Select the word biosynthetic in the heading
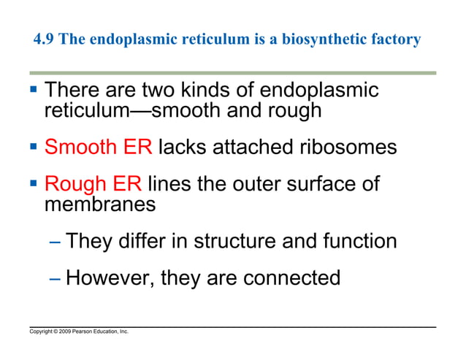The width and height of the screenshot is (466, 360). point(318,39)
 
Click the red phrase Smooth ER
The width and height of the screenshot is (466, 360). point(98,147)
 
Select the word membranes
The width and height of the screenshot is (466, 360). point(100,204)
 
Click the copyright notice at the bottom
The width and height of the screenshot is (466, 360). point(79,332)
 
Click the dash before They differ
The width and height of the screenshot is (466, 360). point(56,241)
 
